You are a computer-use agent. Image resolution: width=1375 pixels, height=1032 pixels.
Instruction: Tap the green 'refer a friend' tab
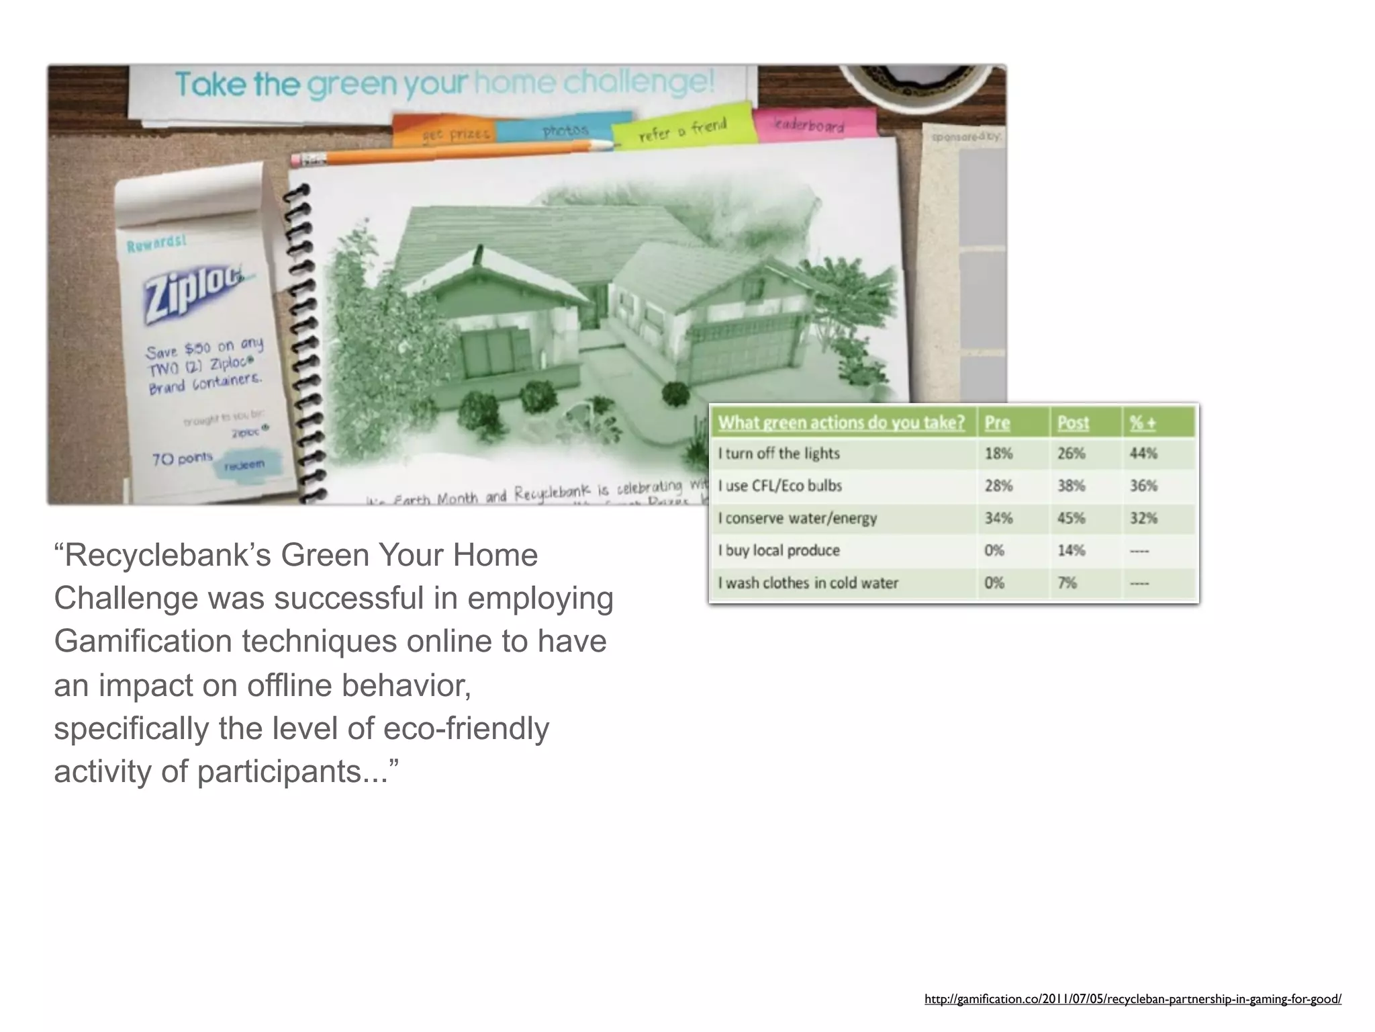pyautogui.click(x=682, y=129)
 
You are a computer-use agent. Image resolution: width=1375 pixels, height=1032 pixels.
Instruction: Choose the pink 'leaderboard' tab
pyautogui.click(x=809, y=125)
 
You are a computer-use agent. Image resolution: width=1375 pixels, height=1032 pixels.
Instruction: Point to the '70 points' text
pyautogui.click(x=182, y=459)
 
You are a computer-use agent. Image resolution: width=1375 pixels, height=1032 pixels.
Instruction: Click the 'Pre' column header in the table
pyautogui.click(x=997, y=423)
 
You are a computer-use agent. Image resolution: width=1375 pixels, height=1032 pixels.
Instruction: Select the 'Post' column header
pyautogui.click(x=1073, y=423)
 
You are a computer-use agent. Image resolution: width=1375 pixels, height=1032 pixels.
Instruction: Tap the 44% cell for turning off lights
pyautogui.click(x=1143, y=454)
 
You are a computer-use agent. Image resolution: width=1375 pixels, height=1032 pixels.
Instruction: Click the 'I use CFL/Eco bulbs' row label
pyautogui.click(x=779, y=486)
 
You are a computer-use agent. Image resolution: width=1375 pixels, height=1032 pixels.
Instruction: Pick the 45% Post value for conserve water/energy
pyautogui.click(x=1072, y=518)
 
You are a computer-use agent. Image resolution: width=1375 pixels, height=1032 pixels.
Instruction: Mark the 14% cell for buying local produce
pyautogui.click(x=1072, y=550)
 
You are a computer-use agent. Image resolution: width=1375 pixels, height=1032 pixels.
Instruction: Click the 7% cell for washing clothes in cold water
pyautogui.click(x=1068, y=583)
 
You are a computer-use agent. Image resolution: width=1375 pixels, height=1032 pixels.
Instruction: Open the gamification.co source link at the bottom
pyautogui.click(x=1133, y=999)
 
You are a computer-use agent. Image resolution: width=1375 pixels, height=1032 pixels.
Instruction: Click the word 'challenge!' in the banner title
pyautogui.click(x=638, y=83)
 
